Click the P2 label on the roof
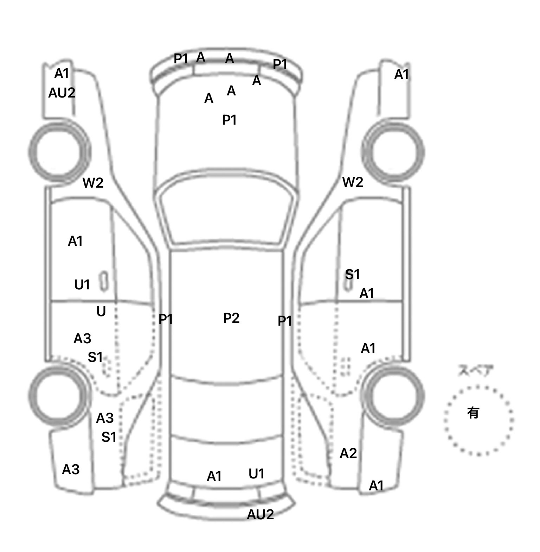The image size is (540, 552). click(x=231, y=318)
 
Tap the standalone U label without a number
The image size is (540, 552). click(x=101, y=312)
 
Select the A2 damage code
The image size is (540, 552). click(x=348, y=453)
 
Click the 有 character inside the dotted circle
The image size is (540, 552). click(x=473, y=413)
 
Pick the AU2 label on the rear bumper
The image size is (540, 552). click(x=260, y=515)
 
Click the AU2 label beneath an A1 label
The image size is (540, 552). click(x=62, y=93)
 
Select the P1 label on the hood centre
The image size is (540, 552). click(x=229, y=120)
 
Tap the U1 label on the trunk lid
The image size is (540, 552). click(x=256, y=474)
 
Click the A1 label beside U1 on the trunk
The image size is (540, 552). click(x=214, y=476)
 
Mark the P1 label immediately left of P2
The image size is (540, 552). click(x=166, y=319)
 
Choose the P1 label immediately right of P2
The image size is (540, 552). click(x=285, y=321)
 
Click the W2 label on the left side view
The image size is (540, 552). click(x=93, y=183)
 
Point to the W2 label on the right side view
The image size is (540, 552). click(x=352, y=182)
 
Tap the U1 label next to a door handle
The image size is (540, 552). click(x=82, y=284)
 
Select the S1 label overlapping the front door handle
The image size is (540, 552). click(x=352, y=274)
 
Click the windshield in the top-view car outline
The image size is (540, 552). click(x=227, y=211)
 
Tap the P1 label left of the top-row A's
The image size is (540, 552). click(x=181, y=59)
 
